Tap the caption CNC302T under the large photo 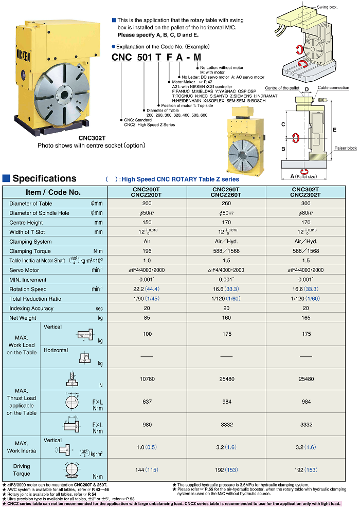tap(92, 138)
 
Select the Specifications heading tap(44, 179)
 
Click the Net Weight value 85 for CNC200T tap(147, 318)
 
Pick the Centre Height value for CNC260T tap(226, 222)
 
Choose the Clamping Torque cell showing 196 tap(147, 251)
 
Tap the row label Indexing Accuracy tap(31, 309)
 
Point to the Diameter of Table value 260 tap(226, 203)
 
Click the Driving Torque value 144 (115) tap(147, 470)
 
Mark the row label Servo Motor tap(24, 270)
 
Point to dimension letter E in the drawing tap(334, 130)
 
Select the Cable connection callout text tap(333, 88)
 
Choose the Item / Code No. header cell tap(53, 192)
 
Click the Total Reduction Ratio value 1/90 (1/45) tap(147, 299)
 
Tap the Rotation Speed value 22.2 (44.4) tap(147, 289)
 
